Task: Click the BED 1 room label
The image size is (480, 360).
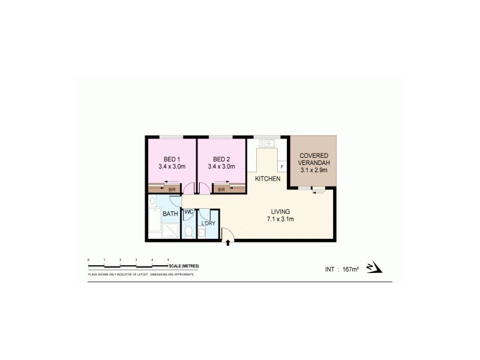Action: [171, 158]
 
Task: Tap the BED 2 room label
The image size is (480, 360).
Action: [221, 158]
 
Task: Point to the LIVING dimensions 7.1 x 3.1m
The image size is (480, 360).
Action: [280, 219]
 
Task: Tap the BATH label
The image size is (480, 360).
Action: [170, 214]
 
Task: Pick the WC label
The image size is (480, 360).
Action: [188, 212]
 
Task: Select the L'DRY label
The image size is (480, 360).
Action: [208, 223]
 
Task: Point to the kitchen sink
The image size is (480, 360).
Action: [268, 143]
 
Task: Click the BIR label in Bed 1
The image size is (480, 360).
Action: [172, 190]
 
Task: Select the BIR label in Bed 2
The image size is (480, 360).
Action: [221, 190]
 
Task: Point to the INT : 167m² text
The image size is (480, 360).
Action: [340, 268]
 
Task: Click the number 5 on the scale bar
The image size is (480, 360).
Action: [167, 259]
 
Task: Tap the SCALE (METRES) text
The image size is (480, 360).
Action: [184, 265]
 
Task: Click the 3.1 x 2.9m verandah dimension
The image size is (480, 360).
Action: [314, 170]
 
